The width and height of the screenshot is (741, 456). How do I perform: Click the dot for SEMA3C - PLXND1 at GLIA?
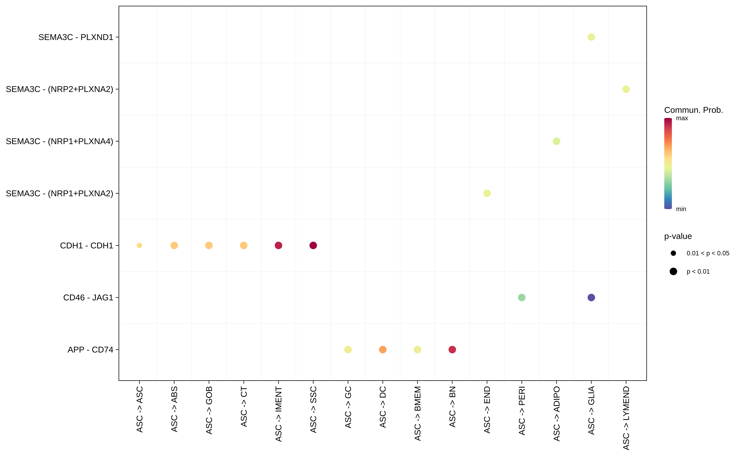(591, 37)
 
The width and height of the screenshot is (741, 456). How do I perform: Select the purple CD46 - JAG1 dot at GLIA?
(591, 298)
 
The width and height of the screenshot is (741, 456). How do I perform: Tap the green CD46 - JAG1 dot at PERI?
(522, 298)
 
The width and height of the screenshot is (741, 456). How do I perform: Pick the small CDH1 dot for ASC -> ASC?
(139, 245)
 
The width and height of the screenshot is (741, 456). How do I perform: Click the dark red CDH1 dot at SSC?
(313, 245)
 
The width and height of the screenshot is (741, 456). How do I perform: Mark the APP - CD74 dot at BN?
(452, 350)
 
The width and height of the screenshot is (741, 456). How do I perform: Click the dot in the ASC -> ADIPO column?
(556, 141)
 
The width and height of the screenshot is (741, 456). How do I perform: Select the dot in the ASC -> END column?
(487, 193)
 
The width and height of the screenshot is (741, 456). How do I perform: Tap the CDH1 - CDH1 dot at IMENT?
(278, 245)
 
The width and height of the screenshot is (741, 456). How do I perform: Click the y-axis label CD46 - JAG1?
(88, 298)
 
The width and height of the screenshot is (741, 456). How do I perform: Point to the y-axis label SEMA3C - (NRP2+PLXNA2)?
(59, 89)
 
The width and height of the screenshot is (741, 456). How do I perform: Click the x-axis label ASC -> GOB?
(209, 410)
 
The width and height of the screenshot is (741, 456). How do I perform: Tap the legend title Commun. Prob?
(693, 110)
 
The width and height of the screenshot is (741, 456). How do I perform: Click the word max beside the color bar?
(682, 118)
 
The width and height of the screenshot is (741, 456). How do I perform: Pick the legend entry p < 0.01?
(698, 272)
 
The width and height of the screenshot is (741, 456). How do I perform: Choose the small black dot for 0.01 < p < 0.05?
(673, 253)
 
